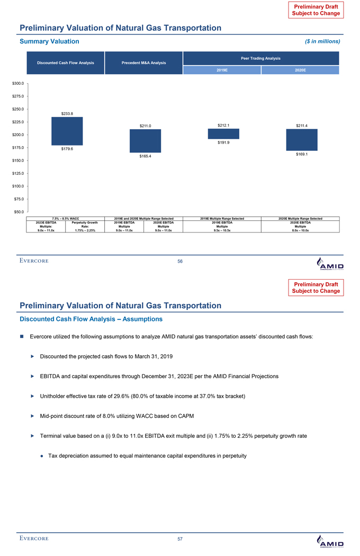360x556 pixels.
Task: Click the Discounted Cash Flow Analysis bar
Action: [67, 131]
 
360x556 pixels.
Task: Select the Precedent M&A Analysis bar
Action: [145, 141]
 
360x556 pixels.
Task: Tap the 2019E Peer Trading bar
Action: [223, 133]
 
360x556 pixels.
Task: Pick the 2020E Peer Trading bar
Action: [301, 140]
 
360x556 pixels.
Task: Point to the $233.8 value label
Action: [67, 113]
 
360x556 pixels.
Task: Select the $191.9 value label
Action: [223, 142]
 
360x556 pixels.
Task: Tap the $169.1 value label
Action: [301, 154]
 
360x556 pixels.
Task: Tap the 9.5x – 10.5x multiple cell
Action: [223, 230]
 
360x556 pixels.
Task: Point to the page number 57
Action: [180, 539]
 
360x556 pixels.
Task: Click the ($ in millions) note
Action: [322, 41]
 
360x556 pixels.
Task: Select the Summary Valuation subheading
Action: [50, 41]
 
